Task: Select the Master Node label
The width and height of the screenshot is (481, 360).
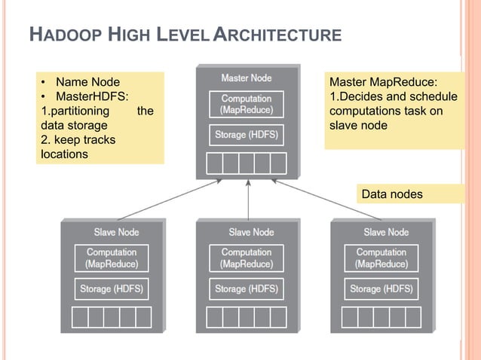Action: click(247, 78)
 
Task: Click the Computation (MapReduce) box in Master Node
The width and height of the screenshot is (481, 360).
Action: click(247, 104)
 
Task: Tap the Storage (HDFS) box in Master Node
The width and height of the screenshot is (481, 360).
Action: click(247, 135)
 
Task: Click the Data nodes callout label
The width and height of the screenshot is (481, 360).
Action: click(392, 194)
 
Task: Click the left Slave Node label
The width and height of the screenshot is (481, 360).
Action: click(116, 232)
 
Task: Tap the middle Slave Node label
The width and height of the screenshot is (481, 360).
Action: click(251, 232)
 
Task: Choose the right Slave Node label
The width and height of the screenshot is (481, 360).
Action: click(386, 232)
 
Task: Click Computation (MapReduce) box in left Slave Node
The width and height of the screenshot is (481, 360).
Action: click(112, 258)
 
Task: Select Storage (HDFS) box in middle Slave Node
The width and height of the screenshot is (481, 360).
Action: click(247, 288)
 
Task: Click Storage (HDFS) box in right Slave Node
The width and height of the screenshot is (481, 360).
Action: click(381, 288)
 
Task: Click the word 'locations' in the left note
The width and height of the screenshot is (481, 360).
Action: click(65, 154)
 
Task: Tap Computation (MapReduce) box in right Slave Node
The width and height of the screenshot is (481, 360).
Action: click(381, 258)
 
